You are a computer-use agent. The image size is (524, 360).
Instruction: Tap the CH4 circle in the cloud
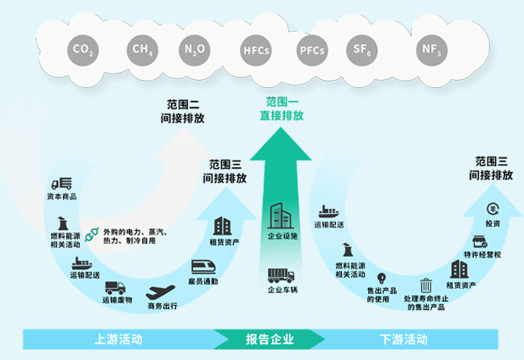tap(143, 49)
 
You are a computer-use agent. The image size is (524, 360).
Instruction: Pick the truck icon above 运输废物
tap(115, 287)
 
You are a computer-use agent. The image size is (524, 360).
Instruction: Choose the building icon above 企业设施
tap(282, 216)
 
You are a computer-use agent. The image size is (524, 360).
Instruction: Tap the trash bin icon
tap(425, 285)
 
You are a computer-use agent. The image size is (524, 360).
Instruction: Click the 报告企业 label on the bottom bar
tap(270, 338)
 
